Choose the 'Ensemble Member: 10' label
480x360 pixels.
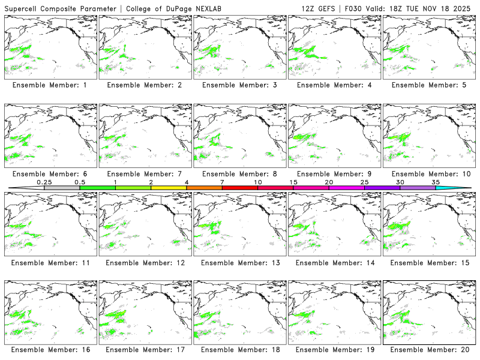tap(428, 174)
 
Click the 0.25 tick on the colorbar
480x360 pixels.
tap(44, 182)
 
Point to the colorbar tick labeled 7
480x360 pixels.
tap(222, 182)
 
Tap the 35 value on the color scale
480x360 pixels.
tap(436, 182)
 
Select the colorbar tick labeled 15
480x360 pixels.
tap(293, 182)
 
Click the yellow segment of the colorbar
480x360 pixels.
tap(169, 188)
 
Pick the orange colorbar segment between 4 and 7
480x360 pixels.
tap(204, 188)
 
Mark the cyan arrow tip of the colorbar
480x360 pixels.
tap(462, 188)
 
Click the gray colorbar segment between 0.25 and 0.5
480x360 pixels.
tap(62, 188)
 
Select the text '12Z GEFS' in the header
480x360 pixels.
tap(318, 8)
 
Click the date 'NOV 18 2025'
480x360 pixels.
tap(451, 8)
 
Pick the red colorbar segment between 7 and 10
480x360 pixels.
tap(240, 188)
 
